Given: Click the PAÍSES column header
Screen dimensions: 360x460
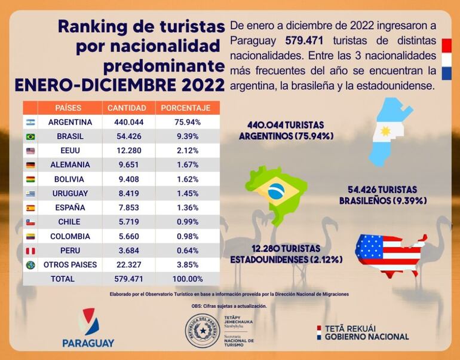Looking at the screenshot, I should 69,108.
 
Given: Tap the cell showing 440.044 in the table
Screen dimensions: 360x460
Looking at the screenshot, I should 127,122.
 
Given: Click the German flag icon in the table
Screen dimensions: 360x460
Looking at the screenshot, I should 30,165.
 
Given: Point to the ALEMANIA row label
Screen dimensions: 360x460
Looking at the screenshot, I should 70,164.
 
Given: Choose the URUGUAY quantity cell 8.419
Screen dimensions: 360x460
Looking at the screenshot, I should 127,193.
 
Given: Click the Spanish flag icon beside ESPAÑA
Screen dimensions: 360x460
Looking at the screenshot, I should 30,208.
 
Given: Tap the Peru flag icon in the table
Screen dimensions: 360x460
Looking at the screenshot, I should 30,251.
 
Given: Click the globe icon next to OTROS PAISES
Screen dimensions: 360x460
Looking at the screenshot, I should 30,265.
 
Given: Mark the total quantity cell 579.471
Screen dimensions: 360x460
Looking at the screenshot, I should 127,279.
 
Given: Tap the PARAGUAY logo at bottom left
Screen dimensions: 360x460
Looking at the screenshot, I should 88,328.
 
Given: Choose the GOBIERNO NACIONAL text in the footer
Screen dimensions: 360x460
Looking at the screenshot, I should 366,337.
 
